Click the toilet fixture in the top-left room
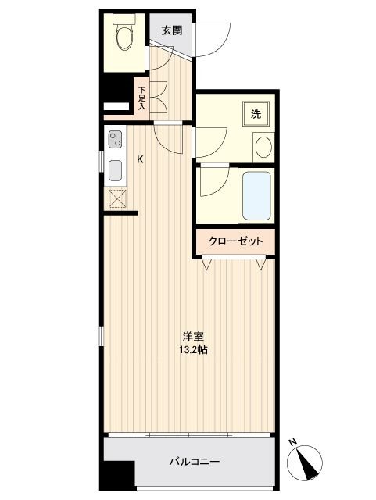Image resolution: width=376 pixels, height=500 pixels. (124, 35)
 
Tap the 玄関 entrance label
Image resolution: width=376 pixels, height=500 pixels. (172, 31)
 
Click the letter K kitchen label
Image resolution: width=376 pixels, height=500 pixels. (141, 160)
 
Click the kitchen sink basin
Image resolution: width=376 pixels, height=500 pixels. (115, 170)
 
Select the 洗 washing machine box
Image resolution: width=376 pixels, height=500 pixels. (256, 112)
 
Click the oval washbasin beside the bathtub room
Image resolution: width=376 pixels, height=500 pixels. (263, 146)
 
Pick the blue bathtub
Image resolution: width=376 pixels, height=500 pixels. (256, 195)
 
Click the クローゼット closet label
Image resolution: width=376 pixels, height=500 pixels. (235, 241)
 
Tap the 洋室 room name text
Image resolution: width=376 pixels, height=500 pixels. (194, 337)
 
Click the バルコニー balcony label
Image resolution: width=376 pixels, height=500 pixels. (194, 462)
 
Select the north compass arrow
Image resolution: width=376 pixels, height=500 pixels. (307, 462)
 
